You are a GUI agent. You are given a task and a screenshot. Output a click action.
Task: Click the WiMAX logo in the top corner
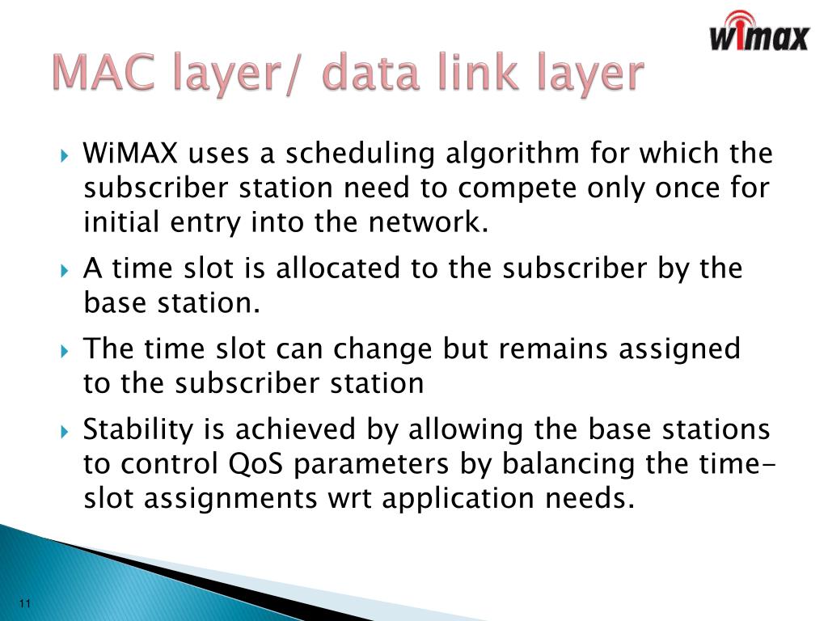pyautogui.click(x=758, y=32)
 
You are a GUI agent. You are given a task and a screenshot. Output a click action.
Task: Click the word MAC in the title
pyautogui.click(x=103, y=74)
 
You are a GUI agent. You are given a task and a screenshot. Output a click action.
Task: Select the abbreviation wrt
pyautogui.click(x=348, y=498)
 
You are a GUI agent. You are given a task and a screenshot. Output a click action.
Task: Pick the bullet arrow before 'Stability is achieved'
pyautogui.click(x=65, y=431)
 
